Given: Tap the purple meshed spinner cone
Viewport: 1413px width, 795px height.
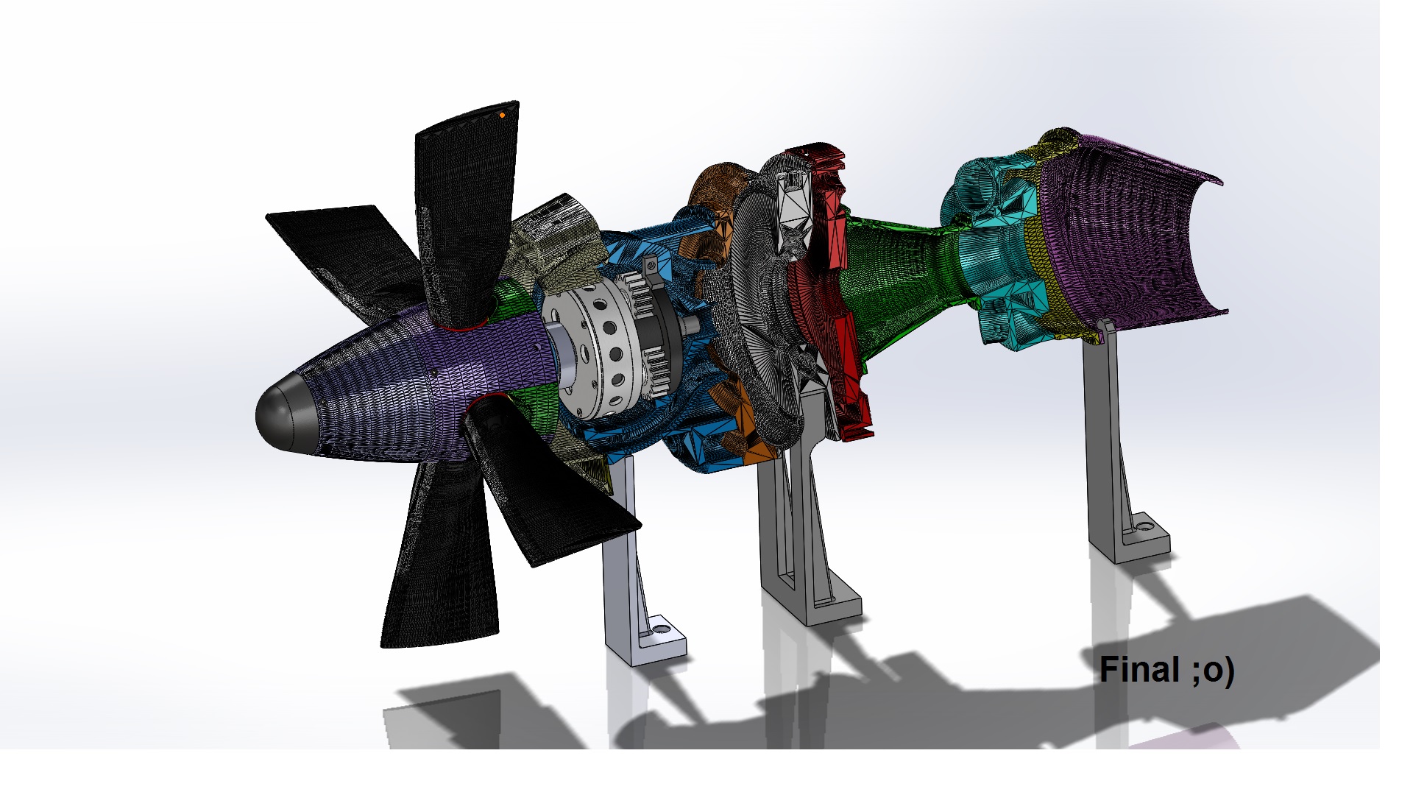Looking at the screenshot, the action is (x=412, y=383).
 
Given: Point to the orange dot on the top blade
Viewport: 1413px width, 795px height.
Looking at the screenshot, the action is (x=503, y=115).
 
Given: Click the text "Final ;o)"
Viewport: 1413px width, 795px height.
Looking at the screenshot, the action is (x=1166, y=670).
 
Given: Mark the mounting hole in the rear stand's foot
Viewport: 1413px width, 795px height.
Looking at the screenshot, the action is (x=1145, y=527).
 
